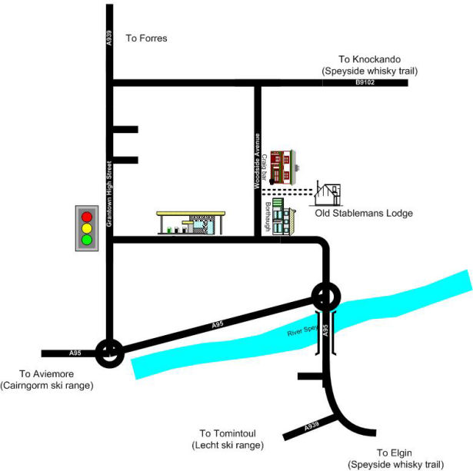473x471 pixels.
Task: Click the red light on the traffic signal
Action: (x=87, y=216)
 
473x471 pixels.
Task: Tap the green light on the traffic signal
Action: (x=87, y=240)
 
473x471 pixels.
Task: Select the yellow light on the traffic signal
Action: (x=87, y=227)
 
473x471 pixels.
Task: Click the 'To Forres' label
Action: (x=146, y=38)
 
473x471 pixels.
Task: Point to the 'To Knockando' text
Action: (x=369, y=59)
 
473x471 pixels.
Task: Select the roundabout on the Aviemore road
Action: (x=110, y=353)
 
